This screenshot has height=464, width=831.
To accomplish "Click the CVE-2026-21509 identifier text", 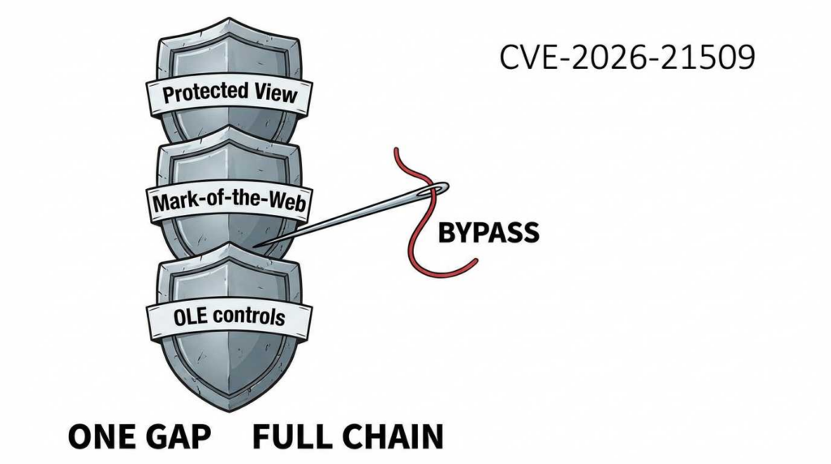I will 626,58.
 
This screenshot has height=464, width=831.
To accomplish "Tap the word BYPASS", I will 489,233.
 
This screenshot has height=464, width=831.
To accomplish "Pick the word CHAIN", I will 392,436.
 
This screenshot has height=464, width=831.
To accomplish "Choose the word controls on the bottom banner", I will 251,317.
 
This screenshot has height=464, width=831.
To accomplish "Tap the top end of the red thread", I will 396,149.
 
